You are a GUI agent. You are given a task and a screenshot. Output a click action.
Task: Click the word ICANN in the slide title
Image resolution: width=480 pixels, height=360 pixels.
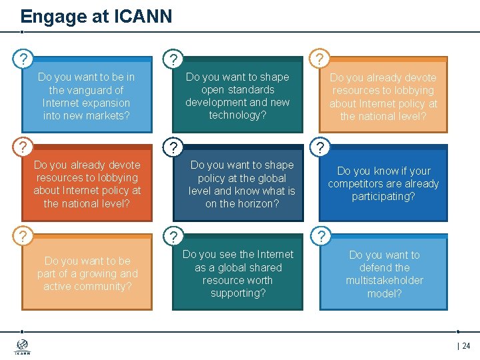pos(142,16)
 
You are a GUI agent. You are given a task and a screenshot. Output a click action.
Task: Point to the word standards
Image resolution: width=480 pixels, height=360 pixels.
pos(250,89)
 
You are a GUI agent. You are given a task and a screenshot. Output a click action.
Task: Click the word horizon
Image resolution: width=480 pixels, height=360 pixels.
pos(256,203)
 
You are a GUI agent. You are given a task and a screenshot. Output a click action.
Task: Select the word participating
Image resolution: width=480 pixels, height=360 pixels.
pos(383,196)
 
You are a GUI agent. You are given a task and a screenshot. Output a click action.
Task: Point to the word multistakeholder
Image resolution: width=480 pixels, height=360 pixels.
pos(385,280)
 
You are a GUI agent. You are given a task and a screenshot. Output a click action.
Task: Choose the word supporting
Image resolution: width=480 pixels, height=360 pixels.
pos(238,293)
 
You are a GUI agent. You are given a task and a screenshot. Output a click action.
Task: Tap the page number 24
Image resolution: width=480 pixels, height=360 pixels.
pos(465,346)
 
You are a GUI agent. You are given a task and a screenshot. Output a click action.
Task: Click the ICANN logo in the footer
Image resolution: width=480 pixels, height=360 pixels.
pos(22,347)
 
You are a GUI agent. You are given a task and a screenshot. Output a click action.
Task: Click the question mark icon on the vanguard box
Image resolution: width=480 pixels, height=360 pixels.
pos(23,59)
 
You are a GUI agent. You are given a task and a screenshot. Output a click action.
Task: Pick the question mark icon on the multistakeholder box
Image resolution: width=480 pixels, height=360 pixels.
pos(321,235)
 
